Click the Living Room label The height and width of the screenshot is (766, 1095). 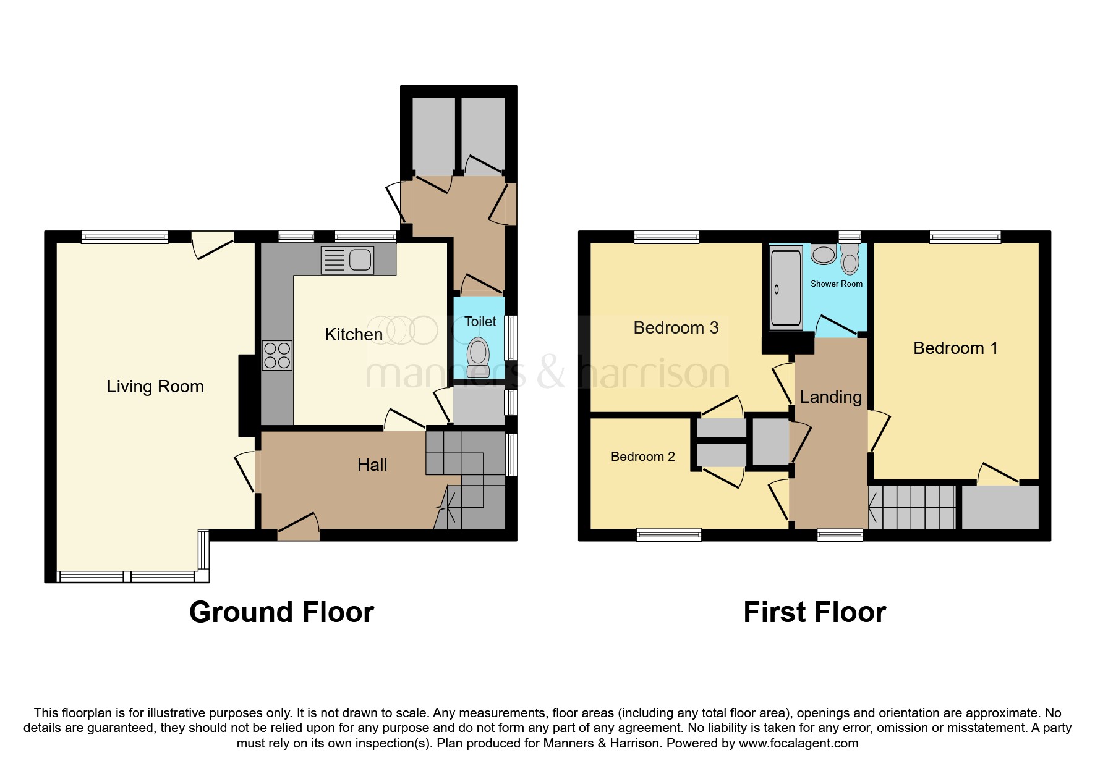click(x=155, y=387)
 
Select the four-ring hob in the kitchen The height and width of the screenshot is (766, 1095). click(x=277, y=355)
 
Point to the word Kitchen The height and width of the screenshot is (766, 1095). click(x=354, y=335)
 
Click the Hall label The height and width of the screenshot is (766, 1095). click(x=372, y=465)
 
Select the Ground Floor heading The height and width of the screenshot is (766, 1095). click(x=281, y=612)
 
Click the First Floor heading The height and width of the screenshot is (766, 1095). click(x=814, y=612)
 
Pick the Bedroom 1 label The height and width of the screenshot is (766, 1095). click(x=955, y=348)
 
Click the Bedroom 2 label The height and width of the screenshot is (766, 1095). click(x=642, y=457)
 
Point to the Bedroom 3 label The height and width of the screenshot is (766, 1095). click(x=676, y=328)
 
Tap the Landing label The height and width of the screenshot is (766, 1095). click(x=830, y=397)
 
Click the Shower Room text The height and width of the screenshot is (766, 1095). click(x=836, y=284)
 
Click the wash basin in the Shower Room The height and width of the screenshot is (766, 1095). click(x=823, y=254)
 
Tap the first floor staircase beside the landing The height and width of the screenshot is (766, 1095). click(x=912, y=507)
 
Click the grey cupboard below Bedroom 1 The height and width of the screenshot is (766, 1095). click(x=1000, y=507)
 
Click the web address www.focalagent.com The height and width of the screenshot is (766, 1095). click(x=798, y=744)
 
